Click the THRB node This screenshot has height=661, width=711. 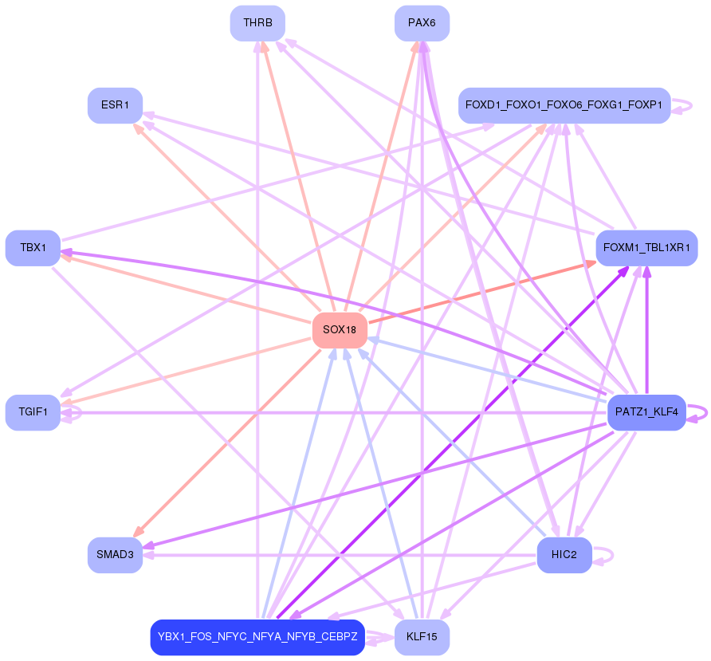[257, 23]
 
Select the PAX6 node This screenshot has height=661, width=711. [422, 23]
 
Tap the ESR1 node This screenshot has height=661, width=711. [115, 105]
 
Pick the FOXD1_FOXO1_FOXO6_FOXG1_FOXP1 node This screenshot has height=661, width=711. [564, 105]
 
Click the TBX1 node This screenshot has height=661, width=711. [33, 248]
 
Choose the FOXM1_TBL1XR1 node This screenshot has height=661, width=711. [646, 248]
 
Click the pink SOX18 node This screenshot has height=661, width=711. [340, 330]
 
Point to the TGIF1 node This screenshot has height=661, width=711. [33, 412]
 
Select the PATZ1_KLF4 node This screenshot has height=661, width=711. [646, 412]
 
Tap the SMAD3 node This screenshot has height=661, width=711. [115, 554]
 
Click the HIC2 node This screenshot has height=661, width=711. [564, 554]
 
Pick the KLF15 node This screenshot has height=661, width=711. [422, 637]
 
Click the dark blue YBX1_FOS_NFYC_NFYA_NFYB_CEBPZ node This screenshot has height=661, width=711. [257, 637]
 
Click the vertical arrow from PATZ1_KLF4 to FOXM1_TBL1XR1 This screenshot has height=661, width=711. [646, 335]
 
